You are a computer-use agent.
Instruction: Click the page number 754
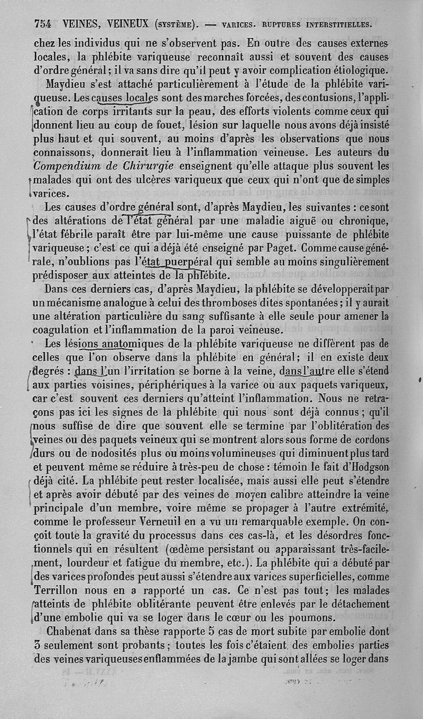43,23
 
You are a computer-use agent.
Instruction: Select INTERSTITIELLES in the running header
335,24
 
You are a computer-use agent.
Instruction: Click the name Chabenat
72,632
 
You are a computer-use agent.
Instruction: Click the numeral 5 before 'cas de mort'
210,632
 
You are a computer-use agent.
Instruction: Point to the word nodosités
113,454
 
